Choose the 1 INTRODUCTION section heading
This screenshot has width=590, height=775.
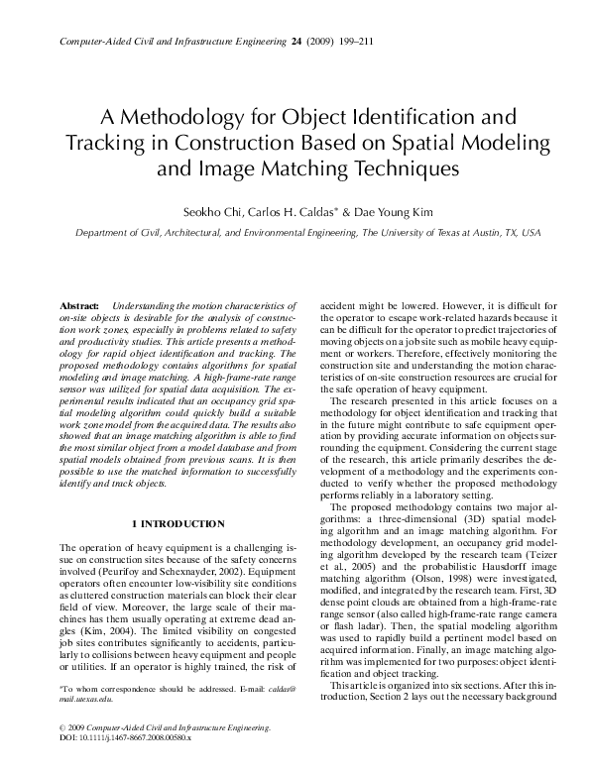click(x=177, y=521)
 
